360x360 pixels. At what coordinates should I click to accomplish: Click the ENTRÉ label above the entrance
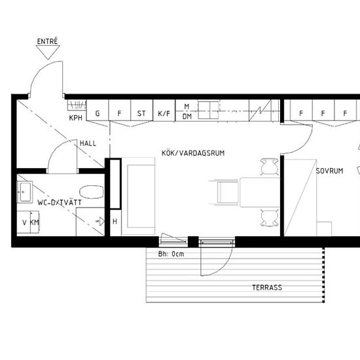pyautogui.click(x=47, y=41)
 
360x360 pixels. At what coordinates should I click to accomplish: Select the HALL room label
pyautogui.click(x=88, y=143)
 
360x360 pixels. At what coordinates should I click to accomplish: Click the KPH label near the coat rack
pyautogui.click(x=76, y=118)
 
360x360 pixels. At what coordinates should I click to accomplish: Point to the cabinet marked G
pyautogui.click(x=98, y=110)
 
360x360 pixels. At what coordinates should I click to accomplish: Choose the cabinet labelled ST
pyautogui.click(x=141, y=110)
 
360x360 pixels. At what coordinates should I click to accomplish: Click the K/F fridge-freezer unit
pyautogui.click(x=164, y=110)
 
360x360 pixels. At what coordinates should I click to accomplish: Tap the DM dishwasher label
pyautogui.click(x=187, y=117)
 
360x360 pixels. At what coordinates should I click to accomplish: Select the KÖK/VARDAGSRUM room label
pyautogui.click(x=193, y=153)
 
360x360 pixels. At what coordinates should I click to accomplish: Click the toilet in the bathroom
pyautogui.click(x=92, y=192)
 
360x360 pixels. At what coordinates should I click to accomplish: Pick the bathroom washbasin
pyautogui.click(x=25, y=192)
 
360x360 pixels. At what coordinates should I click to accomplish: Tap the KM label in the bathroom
pyautogui.click(x=35, y=223)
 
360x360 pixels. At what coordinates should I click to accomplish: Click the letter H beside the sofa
pyautogui.click(x=115, y=221)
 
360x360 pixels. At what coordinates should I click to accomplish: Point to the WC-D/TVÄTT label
pyautogui.click(x=60, y=202)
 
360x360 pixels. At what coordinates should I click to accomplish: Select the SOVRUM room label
pyautogui.click(x=329, y=171)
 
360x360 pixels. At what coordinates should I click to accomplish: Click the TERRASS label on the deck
pyautogui.click(x=267, y=287)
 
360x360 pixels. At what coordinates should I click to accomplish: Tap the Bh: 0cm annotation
pyautogui.click(x=171, y=254)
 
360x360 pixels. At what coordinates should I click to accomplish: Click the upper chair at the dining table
pyautogui.click(x=270, y=167)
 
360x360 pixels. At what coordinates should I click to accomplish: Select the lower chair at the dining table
pyautogui.click(x=270, y=218)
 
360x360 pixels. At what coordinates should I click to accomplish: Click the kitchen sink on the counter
pyautogui.click(x=208, y=111)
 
